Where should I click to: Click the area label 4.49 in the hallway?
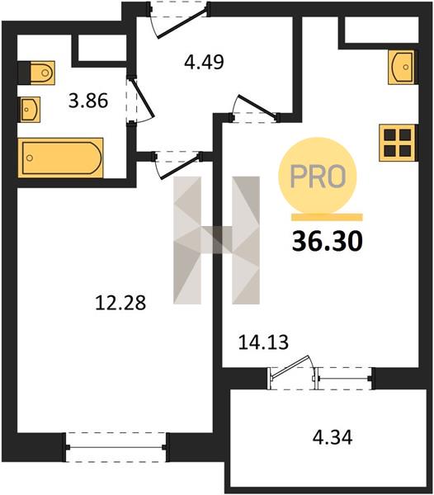click(205, 62)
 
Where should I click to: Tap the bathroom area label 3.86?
click(88, 101)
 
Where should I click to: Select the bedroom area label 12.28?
click(120, 303)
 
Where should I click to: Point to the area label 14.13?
click(263, 342)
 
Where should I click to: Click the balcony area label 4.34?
click(333, 438)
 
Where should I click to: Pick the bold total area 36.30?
click(328, 242)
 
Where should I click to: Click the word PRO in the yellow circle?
click(318, 177)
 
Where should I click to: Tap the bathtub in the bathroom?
click(60, 158)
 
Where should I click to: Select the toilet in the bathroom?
click(36, 73)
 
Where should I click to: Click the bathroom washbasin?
click(31, 110)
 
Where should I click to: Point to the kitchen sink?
click(402, 68)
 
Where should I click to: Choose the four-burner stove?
click(398, 143)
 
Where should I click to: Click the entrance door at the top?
click(179, 20)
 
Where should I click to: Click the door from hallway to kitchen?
click(255, 109)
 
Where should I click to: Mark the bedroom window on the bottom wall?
click(116, 447)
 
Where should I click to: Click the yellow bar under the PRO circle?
click(327, 217)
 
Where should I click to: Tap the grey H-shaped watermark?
click(216, 240)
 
